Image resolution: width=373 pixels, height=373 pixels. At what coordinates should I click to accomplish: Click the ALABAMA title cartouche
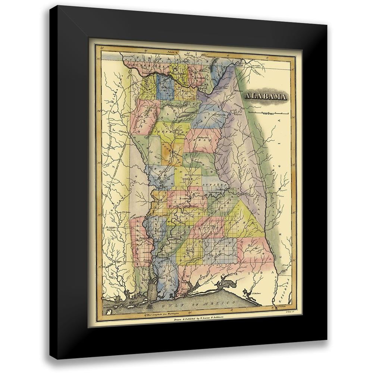[266, 97]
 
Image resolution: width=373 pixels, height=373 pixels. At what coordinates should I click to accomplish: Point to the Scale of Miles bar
[268, 112]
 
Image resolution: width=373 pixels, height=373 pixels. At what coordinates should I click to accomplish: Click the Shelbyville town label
[198, 133]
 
